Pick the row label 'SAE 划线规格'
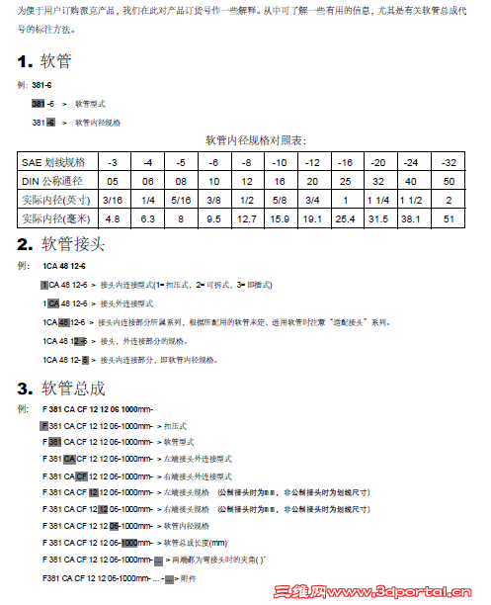pos(54,161)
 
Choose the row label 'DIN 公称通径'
pos(54,181)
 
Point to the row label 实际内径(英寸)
pos(54,200)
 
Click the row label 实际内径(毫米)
pos(54,218)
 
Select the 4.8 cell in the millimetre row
pos(112,218)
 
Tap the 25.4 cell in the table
pos(346,218)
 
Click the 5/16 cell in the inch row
pos(181,200)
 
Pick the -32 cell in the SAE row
pos(450,161)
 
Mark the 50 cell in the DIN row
pos(450,181)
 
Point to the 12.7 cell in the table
pos(247,218)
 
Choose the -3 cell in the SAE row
pos(112,161)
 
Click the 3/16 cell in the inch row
pos(112,200)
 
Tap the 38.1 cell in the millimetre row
pos(411,218)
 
